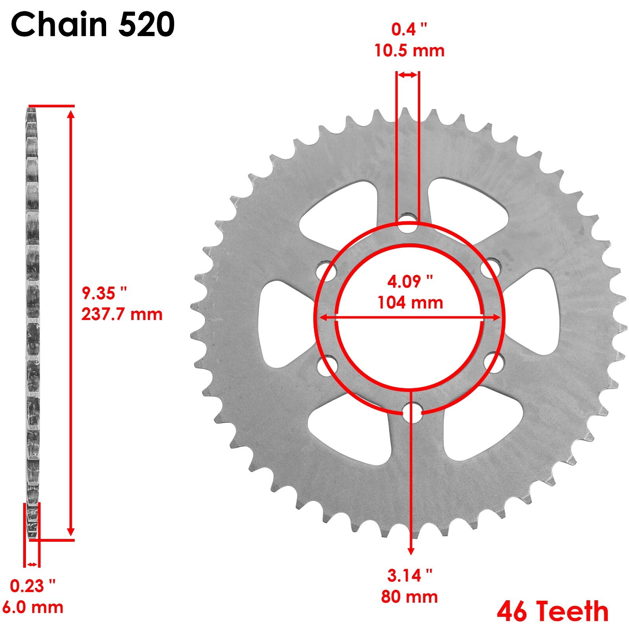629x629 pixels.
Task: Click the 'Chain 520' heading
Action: point(93,24)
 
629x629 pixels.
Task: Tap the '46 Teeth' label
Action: point(552,611)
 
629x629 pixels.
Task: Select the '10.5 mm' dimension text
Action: point(409,51)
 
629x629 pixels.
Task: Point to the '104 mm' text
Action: point(410,303)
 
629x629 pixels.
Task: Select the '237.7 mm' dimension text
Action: point(122,314)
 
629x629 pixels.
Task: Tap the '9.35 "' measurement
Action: point(104,293)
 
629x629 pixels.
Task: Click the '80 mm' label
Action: point(409,597)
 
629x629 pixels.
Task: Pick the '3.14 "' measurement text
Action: point(409,576)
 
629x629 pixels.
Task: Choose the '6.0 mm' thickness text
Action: point(33,607)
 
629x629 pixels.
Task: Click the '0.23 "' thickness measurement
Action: point(33,586)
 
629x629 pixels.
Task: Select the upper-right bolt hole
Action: point(491,268)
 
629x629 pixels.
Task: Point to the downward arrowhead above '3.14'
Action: point(411,550)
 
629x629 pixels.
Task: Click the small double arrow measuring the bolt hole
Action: point(407,75)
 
